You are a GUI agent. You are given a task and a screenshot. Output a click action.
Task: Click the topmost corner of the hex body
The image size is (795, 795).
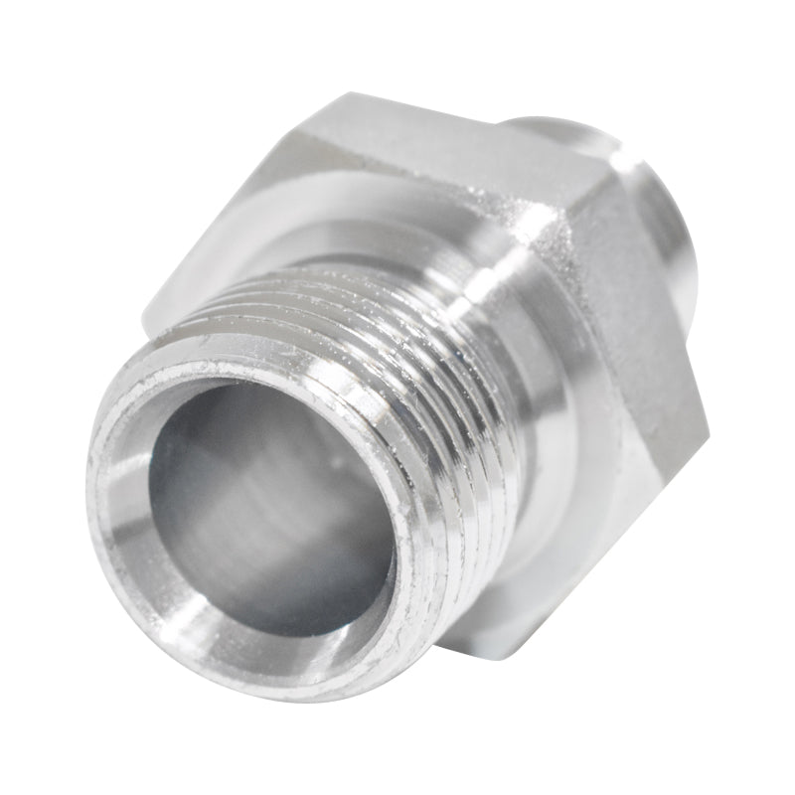[x=343, y=94]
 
